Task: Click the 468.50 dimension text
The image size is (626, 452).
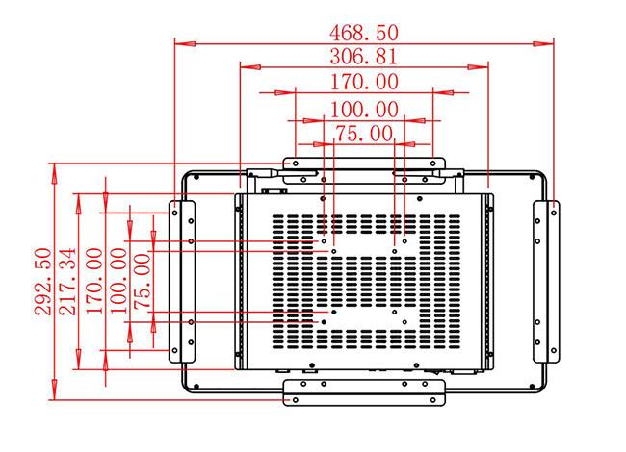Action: pyautogui.click(x=364, y=33)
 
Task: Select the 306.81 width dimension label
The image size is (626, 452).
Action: pyautogui.click(x=364, y=57)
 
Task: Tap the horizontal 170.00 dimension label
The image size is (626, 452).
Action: pyautogui.click(x=364, y=82)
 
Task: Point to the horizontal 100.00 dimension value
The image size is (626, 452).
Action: pyautogui.click(x=364, y=110)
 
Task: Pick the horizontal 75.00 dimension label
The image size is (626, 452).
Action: pyautogui.click(x=364, y=134)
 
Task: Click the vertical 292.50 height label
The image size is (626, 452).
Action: pyautogui.click(x=43, y=282)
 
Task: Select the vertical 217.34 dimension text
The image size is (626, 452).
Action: pyautogui.click(x=67, y=282)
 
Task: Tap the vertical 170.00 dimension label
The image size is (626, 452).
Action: pyautogui.click(x=94, y=281)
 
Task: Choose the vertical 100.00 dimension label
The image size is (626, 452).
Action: pyautogui.click(x=118, y=281)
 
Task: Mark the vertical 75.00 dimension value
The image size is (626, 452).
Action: pyautogui.click(x=143, y=282)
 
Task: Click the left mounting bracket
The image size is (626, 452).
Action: pyautogui.click(x=182, y=282)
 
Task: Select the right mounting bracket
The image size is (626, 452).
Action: pyautogui.click(x=546, y=282)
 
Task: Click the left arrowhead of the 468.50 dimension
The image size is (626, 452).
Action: pyautogui.click(x=185, y=43)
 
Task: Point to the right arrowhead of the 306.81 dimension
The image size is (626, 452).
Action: pyautogui.click(x=478, y=67)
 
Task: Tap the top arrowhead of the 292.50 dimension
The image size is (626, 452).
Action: pyautogui.click(x=54, y=173)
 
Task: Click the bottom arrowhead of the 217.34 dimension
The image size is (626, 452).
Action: pyautogui.click(x=79, y=359)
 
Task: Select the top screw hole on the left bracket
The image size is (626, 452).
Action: pyautogui.click(x=174, y=213)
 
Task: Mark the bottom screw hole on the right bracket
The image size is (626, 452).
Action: pyautogui.click(x=554, y=350)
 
